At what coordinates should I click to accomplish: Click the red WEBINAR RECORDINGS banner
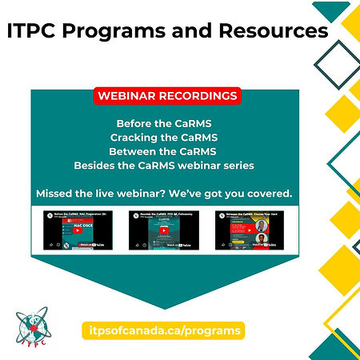pyautogui.click(x=166, y=96)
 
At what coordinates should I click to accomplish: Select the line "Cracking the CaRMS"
pyautogui.click(x=166, y=138)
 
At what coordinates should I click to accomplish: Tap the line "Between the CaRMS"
pyautogui.click(x=166, y=151)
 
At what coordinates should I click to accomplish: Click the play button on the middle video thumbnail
pyautogui.click(x=164, y=230)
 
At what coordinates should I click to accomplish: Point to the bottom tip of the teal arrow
pyautogui.click(x=166, y=307)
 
